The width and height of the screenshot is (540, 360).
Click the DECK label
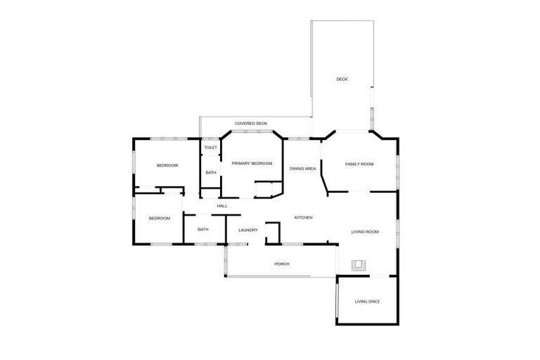click(x=342, y=79)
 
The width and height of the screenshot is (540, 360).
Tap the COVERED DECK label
click(x=251, y=123)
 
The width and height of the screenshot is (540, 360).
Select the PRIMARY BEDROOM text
click(x=252, y=163)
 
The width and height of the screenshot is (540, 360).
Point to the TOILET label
click(x=210, y=148)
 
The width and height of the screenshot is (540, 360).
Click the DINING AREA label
click(x=303, y=169)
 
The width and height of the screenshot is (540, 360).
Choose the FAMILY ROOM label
click(x=359, y=164)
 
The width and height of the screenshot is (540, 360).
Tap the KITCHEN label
click(x=303, y=218)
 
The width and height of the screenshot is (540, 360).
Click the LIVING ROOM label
click(x=365, y=231)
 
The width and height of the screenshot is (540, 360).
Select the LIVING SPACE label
click(x=367, y=302)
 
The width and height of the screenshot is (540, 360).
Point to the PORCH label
click(x=281, y=264)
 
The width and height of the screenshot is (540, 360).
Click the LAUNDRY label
click(x=248, y=230)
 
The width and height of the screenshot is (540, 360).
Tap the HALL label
click(x=222, y=206)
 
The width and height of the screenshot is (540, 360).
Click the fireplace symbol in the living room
click(x=359, y=265)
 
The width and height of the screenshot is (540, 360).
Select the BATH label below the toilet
click(x=210, y=173)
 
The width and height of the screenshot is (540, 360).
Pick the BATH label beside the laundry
click(x=202, y=229)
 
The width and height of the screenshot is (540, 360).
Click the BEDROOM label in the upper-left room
click(x=167, y=165)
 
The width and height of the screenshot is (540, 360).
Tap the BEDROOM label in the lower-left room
click(x=160, y=219)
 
